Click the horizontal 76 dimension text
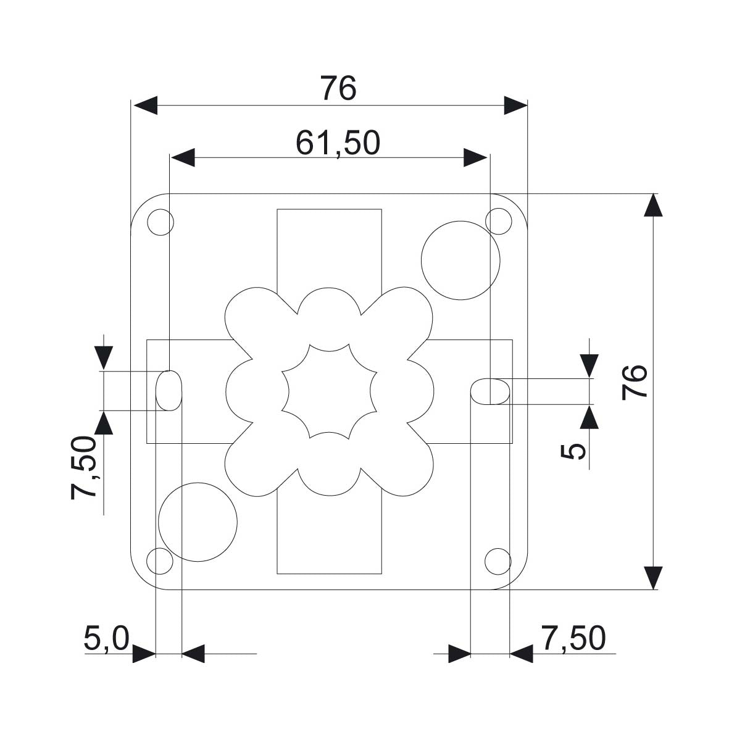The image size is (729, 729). pyautogui.click(x=338, y=89)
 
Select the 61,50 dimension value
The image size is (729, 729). pyautogui.click(x=338, y=143)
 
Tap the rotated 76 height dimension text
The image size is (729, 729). pyautogui.click(x=635, y=382)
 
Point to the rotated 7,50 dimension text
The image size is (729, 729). pyautogui.click(x=84, y=467)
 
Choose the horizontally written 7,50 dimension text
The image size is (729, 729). pyautogui.click(x=573, y=638)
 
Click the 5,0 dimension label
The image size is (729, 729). pyautogui.click(x=106, y=639)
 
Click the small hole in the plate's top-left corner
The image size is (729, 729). pyautogui.click(x=160, y=222)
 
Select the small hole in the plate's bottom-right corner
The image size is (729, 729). pyautogui.click(x=498, y=560)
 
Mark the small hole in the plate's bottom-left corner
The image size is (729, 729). pyautogui.click(x=160, y=560)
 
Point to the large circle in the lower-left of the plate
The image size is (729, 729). pyautogui.click(x=198, y=522)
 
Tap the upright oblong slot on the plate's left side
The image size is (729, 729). pyautogui.click(x=169, y=390)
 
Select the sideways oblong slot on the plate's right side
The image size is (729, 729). pyautogui.click(x=491, y=391)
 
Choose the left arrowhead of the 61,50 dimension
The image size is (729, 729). pyautogui.click(x=183, y=158)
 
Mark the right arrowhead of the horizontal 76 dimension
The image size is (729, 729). pyautogui.click(x=515, y=106)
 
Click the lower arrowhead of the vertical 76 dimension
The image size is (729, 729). pyautogui.click(x=653, y=578)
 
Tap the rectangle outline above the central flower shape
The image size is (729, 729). pyautogui.click(x=329, y=247)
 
